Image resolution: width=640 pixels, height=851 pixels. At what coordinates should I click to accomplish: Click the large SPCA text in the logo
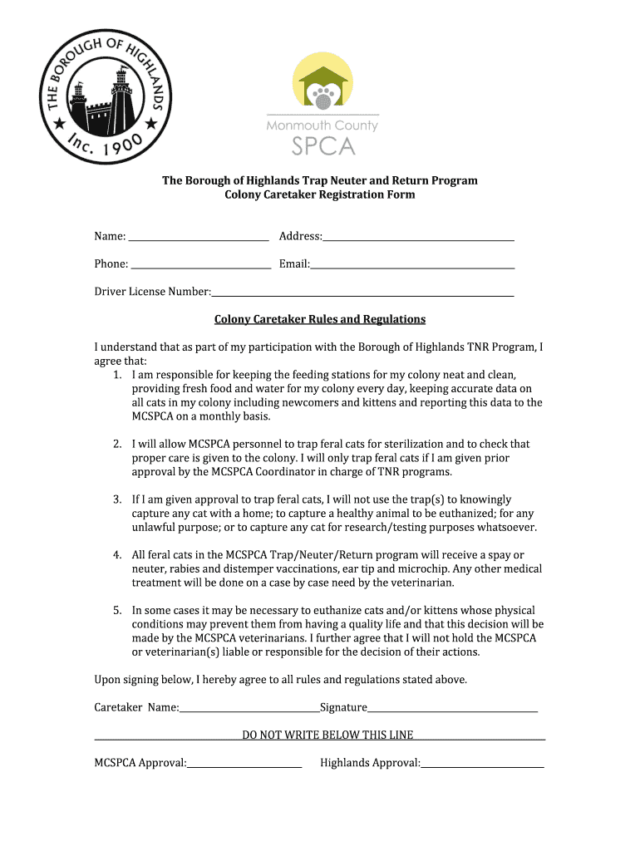pyautogui.click(x=322, y=146)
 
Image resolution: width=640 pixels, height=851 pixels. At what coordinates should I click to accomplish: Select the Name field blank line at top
pyautogui.click(x=198, y=239)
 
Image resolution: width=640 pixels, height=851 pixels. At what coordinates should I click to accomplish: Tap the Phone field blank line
pyautogui.click(x=201, y=268)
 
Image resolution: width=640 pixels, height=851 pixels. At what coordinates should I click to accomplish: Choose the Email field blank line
pyautogui.click(x=412, y=268)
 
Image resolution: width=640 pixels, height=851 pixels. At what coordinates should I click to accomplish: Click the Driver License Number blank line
pyautogui.click(x=362, y=295)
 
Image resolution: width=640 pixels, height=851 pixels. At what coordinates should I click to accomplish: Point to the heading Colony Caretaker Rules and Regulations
pyautogui.click(x=320, y=319)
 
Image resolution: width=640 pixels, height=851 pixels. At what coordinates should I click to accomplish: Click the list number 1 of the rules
pyautogui.click(x=117, y=375)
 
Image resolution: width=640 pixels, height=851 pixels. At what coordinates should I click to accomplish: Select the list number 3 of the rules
pyautogui.click(x=117, y=499)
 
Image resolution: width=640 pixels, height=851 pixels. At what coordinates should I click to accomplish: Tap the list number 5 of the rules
pyautogui.click(x=117, y=610)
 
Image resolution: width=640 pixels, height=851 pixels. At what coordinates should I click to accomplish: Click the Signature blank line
pyautogui.click(x=452, y=711)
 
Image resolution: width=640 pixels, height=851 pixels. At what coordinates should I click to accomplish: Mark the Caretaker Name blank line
pyautogui.click(x=249, y=711)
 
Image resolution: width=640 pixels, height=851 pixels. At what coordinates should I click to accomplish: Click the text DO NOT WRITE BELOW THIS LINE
pyautogui.click(x=327, y=735)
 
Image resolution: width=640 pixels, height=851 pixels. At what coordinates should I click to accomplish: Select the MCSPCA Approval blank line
pyautogui.click(x=244, y=766)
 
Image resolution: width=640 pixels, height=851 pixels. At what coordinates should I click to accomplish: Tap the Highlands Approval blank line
pyautogui.click(x=482, y=766)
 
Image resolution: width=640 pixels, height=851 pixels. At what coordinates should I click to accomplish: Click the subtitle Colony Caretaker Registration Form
pyautogui.click(x=320, y=194)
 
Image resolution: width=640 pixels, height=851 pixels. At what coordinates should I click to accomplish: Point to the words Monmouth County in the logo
pyautogui.click(x=322, y=125)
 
